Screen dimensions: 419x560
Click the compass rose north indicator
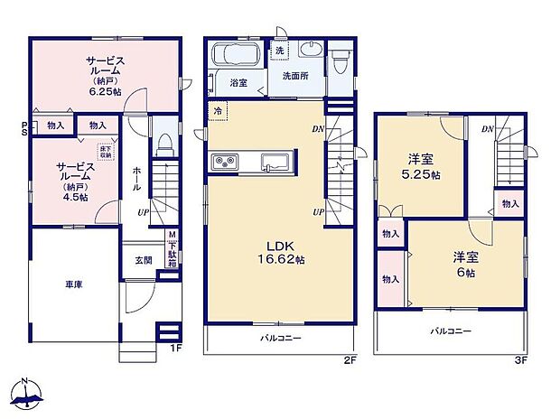coord(27,393)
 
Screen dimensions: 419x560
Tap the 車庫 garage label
coord(73,284)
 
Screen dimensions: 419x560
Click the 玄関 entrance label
coord(145,261)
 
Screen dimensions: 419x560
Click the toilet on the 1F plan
coord(164,144)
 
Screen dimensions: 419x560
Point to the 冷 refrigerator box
coord(218,110)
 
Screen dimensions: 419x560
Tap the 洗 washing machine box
coord(280,51)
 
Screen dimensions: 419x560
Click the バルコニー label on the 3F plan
coord(450,331)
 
